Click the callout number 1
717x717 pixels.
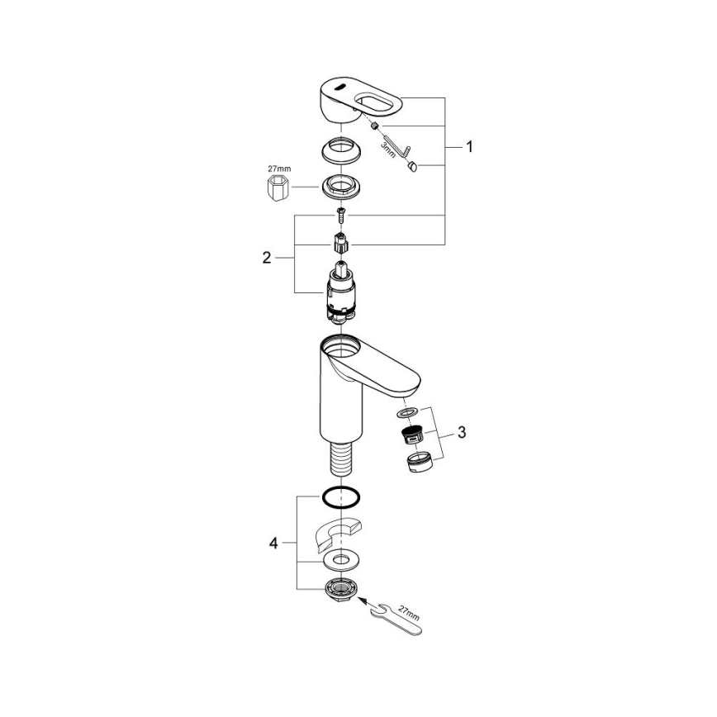click(x=468, y=148)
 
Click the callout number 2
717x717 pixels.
click(x=266, y=257)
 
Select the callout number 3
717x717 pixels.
click(x=462, y=432)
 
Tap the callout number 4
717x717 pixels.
click(x=273, y=543)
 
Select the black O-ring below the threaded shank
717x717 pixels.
click(x=340, y=498)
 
